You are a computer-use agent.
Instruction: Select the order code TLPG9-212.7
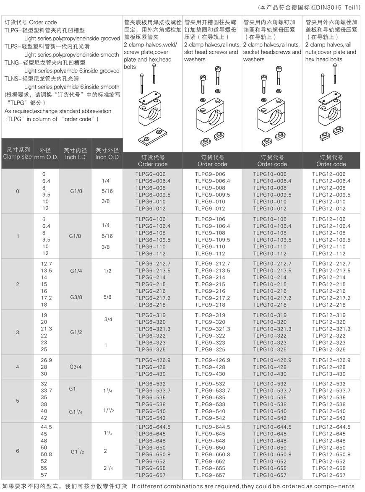coord(212,263)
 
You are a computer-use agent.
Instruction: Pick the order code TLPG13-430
coord(329,374)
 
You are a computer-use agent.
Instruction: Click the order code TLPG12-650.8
coord(331,455)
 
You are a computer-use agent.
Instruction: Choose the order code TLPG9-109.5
coord(212,240)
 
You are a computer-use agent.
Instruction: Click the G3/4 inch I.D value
coord(75,367)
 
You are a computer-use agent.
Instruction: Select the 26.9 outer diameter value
coord(46,360)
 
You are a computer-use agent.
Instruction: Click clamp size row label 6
coord(17,451)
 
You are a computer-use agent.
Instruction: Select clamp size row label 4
coord(17,367)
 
